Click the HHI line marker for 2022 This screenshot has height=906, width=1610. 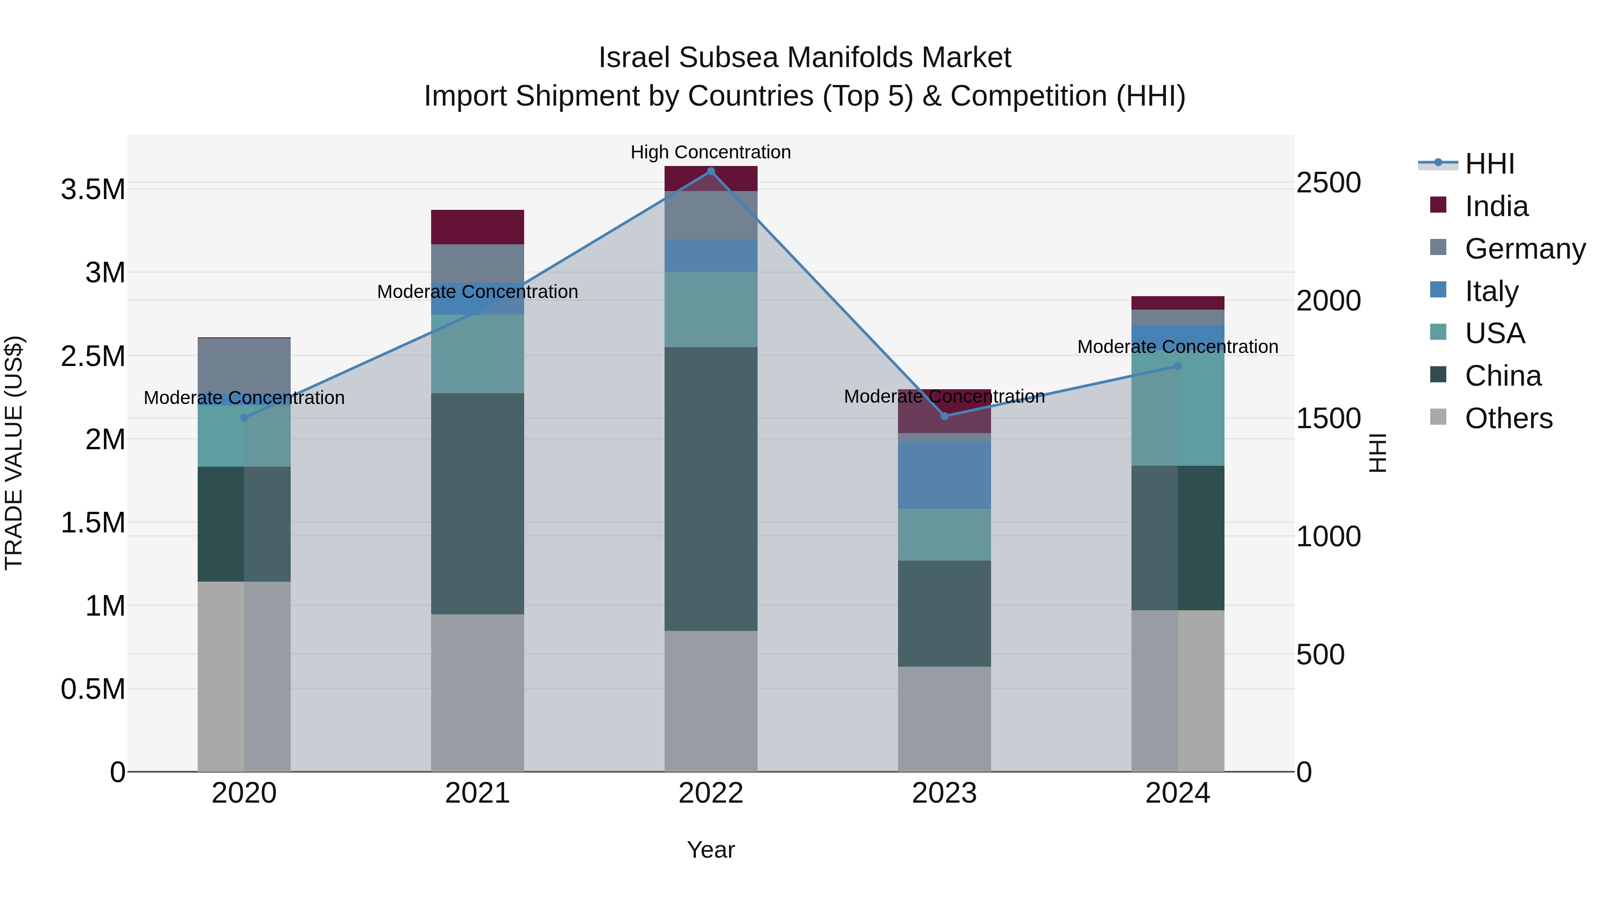pyautogui.click(x=711, y=171)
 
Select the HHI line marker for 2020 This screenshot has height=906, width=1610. pyautogui.click(x=244, y=418)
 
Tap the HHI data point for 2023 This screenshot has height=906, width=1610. pyautogui.click(x=945, y=416)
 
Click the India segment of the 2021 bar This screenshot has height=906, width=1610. pyautogui.click(x=478, y=227)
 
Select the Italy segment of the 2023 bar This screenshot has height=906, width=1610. pyautogui.click(x=945, y=475)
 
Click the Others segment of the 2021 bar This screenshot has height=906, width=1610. pyautogui.click(x=478, y=692)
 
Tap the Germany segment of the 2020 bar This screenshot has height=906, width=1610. pyautogui.click(x=244, y=366)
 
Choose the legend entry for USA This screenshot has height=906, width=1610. pyautogui.click(x=1494, y=333)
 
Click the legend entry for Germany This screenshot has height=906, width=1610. pyautogui.click(x=1525, y=249)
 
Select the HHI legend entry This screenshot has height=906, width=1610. pyautogui.click(x=1489, y=164)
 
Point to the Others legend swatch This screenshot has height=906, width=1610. pyautogui.click(x=1438, y=417)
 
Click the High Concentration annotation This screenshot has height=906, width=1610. pyautogui.click(x=711, y=152)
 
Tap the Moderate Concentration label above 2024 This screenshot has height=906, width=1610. pyautogui.click(x=1178, y=346)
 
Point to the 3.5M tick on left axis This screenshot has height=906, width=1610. pyautogui.click(x=93, y=189)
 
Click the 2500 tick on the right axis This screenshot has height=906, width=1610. pyautogui.click(x=1328, y=183)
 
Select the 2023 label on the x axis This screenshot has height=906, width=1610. pyautogui.click(x=945, y=793)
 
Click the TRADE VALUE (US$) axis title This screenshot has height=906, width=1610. pyautogui.click(x=14, y=453)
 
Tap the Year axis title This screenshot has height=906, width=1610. pyautogui.click(x=711, y=850)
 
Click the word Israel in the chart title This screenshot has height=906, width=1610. pyautogui.click(x=634, y=58)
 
